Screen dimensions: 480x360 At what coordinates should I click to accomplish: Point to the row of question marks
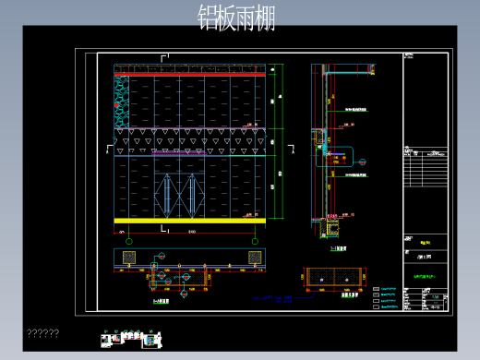point(43,333)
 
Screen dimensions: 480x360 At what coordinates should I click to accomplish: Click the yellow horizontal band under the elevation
point(189,221)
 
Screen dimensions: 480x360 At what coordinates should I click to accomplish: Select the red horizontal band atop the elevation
point(189,72)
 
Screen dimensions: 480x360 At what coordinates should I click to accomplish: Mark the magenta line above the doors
point(189,155)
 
